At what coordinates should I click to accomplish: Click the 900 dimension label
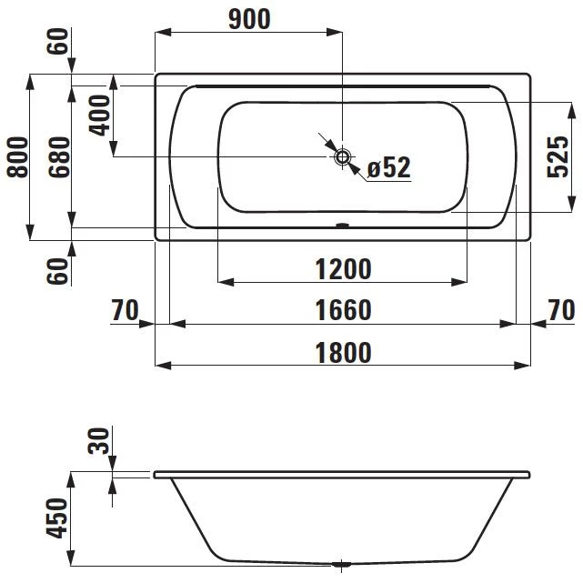249,19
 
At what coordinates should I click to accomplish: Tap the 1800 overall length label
343,353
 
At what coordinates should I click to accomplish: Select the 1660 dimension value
343,310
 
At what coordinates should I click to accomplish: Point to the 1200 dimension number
343,269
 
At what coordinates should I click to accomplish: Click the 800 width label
17,157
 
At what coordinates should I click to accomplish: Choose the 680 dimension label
59,157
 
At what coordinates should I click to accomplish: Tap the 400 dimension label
99,116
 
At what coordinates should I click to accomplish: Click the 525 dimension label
558,157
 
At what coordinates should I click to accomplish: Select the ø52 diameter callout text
389,167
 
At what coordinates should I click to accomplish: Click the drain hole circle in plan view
343,157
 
